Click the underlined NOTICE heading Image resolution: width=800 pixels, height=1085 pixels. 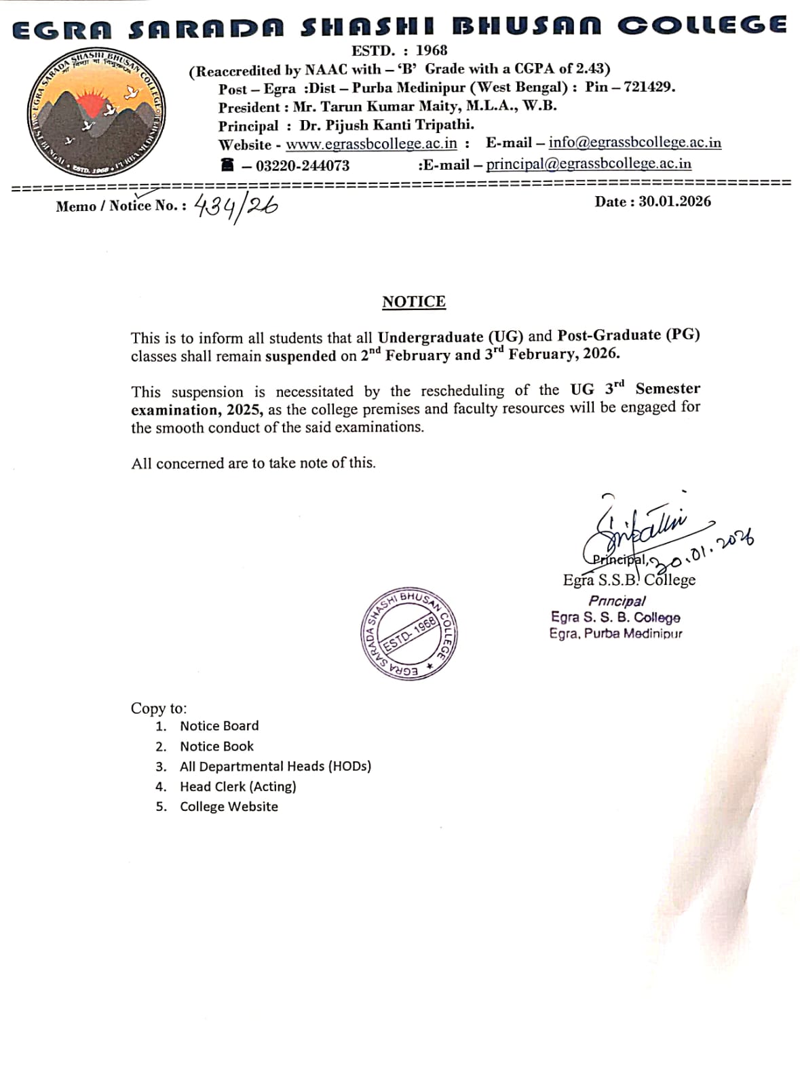tap(414, 301)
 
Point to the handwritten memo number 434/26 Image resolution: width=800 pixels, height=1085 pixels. tap(235, 206)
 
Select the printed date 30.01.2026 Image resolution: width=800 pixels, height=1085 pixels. tap(674, 201)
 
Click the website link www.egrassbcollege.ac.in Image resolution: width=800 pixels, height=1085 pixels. tap(371, 144)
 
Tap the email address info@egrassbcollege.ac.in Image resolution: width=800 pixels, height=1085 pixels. tap(634, 142)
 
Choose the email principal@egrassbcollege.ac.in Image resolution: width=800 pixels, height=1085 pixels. tap(588, 164)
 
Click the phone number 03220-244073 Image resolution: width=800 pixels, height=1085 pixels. tap(303, 166)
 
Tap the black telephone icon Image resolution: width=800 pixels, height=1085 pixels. tap(227, 165)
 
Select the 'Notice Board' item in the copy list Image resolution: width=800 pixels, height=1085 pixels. tap(219, 726)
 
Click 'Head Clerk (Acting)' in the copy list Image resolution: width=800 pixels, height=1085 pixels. tap(237, 786)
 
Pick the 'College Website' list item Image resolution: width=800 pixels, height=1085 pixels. tap(229, 807)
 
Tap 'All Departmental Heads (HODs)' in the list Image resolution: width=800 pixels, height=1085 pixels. tap(275, 766)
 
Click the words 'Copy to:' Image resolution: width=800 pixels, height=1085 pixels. tap(159, 708)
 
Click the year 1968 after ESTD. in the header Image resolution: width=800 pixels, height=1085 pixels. tap(432, 50)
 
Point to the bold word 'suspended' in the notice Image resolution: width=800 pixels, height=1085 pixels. tap(301, 356)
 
